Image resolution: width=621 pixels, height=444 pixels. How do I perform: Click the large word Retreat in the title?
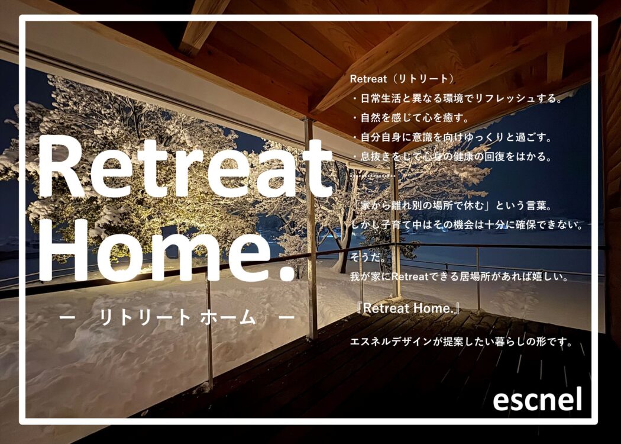click(185, 167)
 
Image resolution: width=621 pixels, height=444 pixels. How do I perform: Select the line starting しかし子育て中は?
click(468, 225)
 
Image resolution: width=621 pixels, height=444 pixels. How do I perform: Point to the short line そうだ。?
click(368, 258)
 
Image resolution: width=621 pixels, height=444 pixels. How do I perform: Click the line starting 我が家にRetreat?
click(460, 276)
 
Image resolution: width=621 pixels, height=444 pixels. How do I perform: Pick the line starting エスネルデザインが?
click(461, 342)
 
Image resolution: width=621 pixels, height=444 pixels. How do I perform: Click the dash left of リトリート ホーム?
click(67, 317)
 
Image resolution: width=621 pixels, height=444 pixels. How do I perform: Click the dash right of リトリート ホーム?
click(286, 317)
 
